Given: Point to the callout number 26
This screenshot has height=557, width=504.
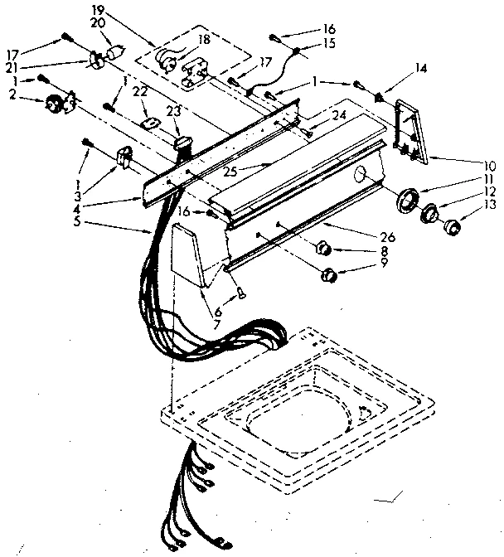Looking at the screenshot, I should pos(390,237).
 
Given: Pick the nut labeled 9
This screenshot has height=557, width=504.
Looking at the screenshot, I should pos(328,274).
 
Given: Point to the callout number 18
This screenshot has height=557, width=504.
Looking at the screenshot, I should pos(202,39).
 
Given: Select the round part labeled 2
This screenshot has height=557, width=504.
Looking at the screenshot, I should pos(56,104).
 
